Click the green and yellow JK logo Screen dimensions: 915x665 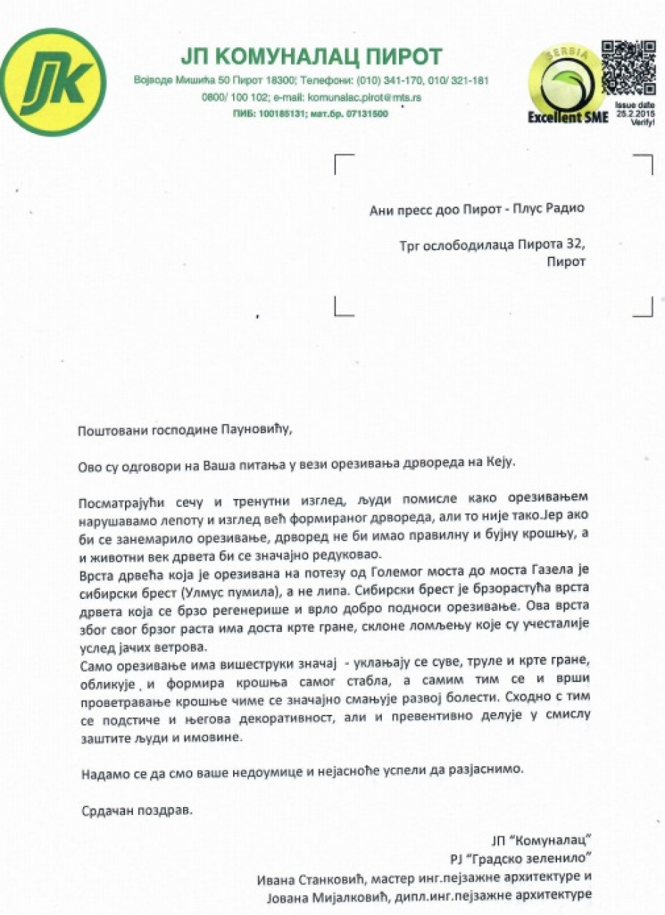click(x=54, y=82)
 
